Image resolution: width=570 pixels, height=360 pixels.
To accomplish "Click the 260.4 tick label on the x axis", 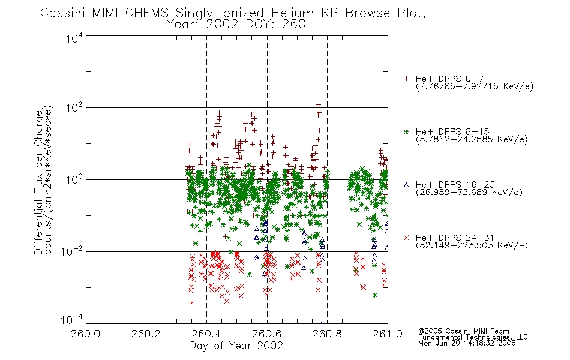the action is tap(206, 334).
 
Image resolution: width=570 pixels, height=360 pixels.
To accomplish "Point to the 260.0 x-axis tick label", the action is tap(85, 334).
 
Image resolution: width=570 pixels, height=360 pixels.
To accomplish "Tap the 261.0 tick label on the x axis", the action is tap(388, 334).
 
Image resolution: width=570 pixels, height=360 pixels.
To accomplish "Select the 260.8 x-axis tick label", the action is tap(327, 334).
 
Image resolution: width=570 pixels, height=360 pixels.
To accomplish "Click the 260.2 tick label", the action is tap(146, 334).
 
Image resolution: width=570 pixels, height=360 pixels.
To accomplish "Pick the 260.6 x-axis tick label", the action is tap(267, 334).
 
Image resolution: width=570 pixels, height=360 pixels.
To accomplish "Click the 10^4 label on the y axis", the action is tap(74, 38).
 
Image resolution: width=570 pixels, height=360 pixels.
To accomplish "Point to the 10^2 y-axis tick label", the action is tap(74, 107).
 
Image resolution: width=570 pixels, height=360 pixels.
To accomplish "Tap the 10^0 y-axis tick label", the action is tap(74, 179).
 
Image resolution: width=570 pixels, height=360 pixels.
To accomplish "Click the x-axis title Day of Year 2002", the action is tap(236, 346).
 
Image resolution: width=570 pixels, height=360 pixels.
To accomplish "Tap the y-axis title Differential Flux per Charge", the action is tap(39, 182).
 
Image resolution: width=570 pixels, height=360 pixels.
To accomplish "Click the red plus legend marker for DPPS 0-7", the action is tap(406, 79).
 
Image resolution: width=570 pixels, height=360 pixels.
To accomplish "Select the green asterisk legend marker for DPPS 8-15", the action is tap(406, 132).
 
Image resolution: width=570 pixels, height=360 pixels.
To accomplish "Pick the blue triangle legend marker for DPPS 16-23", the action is tap(406, 185).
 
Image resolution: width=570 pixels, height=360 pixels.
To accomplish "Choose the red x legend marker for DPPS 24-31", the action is tap(406, 238).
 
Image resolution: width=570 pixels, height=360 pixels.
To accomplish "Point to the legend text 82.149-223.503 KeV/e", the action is tap(472, 245).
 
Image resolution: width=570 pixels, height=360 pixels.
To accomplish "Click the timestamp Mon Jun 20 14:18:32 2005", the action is tap(467, 343).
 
